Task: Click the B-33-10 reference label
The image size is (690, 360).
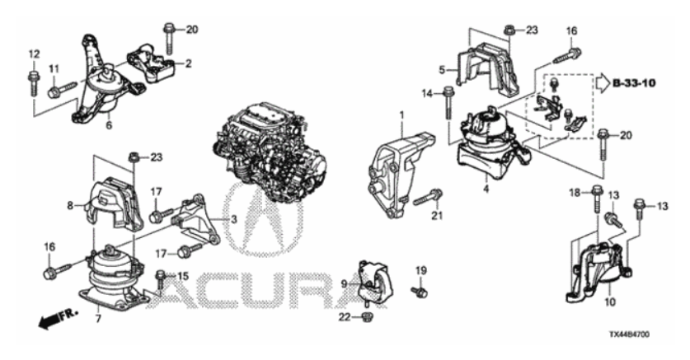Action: (x=634, y=82)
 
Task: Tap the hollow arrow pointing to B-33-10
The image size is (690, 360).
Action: (x=602, y=82)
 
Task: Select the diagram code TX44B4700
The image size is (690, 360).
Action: (x=629, y=334)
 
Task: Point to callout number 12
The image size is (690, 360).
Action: (x=34, y=54)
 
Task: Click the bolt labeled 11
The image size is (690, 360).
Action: (x=63, y=89)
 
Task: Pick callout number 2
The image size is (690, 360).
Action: (x=188, y=63)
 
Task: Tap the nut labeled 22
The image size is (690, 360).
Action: (x=365, y=316)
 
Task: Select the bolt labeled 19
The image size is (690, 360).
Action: (x=420, y=292)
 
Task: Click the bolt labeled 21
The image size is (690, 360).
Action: (x=428, y=198)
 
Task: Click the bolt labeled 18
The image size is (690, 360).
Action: (x=597, y=199)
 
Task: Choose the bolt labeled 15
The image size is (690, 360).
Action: (x=161, y=283)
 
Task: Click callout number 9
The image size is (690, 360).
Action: (x=345, y=284)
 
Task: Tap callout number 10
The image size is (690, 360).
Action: (x=610, y=302)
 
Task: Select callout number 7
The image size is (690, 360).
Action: (x=98, y=319)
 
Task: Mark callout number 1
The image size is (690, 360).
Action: (x=401, y=115)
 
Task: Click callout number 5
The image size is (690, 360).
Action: (x=442, y=69)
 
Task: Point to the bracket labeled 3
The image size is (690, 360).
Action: (x=197, y=220)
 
